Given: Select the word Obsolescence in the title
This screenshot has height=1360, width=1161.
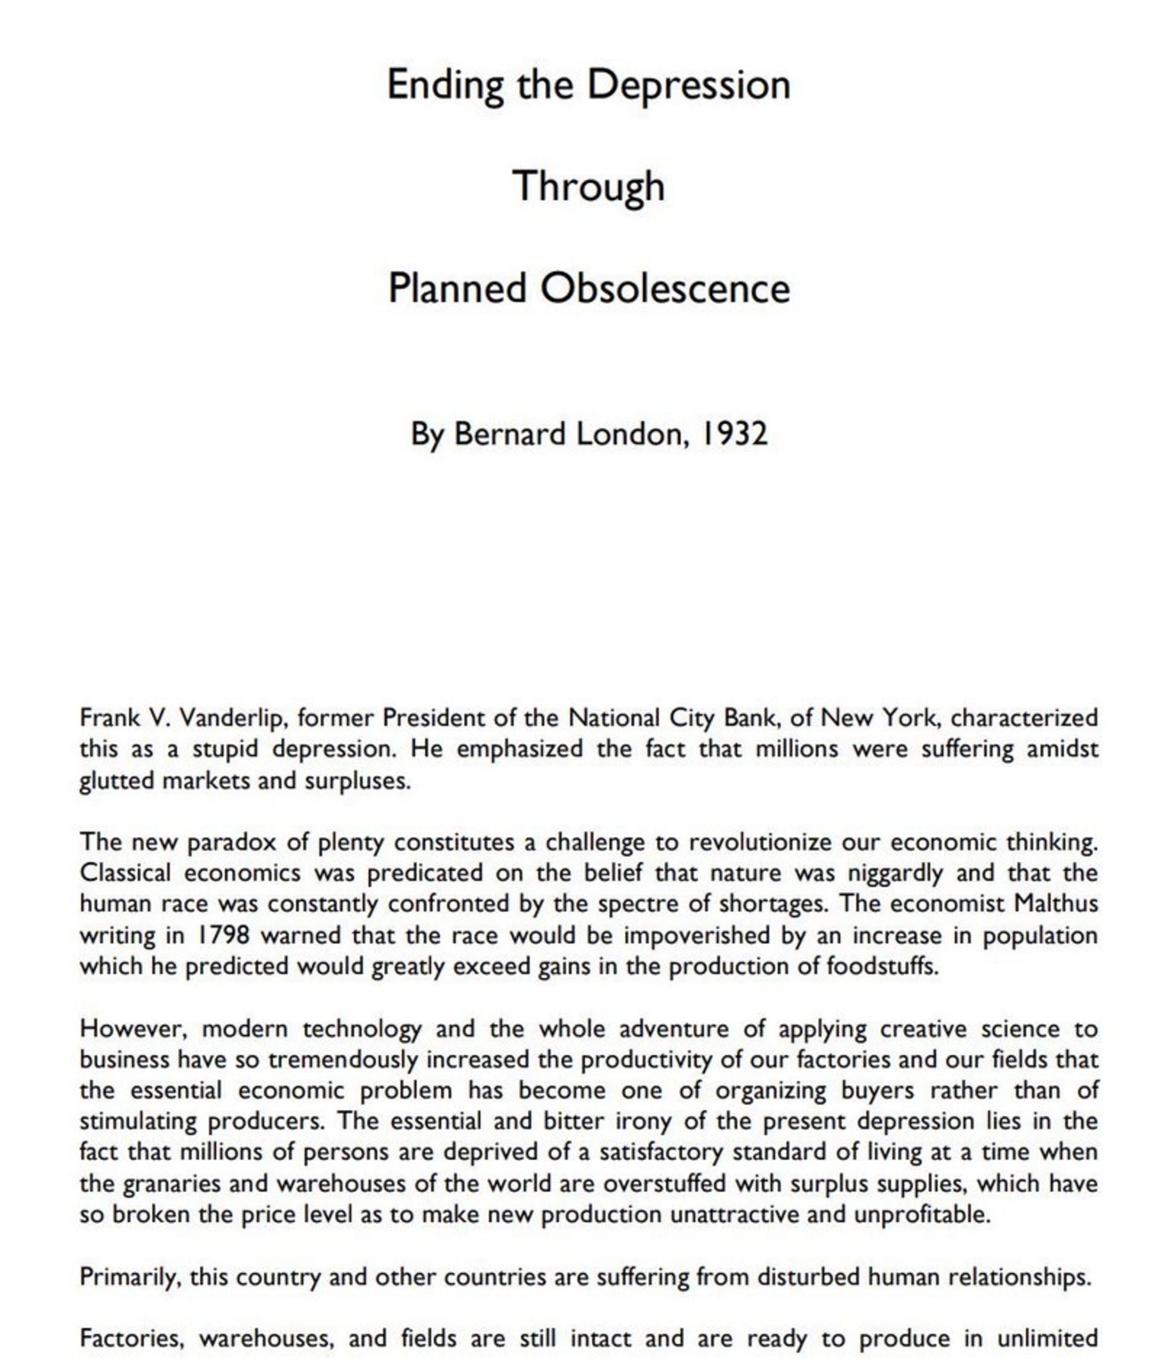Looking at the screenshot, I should point(664,288).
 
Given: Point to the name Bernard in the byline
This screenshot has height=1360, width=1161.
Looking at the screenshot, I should point(509,434).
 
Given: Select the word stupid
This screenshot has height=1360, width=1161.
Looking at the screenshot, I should point(225,749).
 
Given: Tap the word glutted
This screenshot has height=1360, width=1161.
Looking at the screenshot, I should point(117,781).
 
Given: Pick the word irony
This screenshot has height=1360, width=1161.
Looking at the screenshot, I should point(643,1122).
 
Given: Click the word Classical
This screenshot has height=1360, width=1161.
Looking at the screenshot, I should point(125,873).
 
